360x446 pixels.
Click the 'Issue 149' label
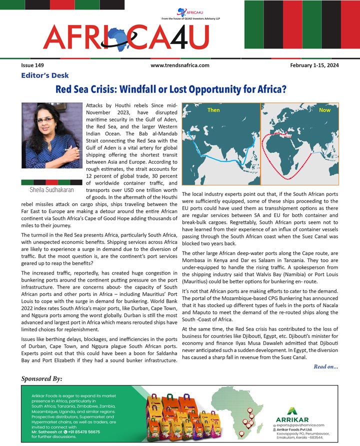32,65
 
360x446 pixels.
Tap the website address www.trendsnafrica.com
179,65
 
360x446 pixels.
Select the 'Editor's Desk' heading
45,76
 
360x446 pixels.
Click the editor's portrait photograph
50,135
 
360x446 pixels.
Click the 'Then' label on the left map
213,110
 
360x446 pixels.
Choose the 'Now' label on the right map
324,110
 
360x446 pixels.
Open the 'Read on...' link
326,367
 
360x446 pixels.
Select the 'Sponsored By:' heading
42,378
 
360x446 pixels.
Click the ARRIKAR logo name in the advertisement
292,418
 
